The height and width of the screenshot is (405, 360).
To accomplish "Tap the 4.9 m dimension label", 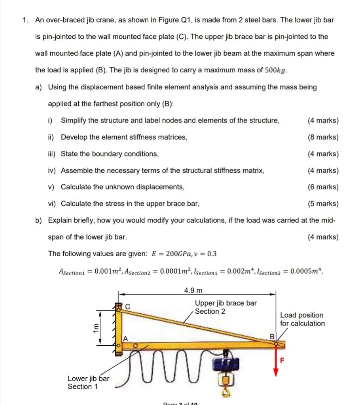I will pos(193,291).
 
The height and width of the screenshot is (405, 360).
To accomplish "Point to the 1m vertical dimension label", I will pos(95,327).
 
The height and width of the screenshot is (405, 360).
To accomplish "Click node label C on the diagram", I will pos(127,305).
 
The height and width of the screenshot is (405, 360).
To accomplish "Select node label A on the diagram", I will pos(125,338).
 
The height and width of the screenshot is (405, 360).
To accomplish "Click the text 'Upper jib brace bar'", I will pos(225,303).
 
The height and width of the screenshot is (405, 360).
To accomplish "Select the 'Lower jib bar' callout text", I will pos(89,379).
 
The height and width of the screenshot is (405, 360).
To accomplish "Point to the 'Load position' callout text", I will pos(301,315).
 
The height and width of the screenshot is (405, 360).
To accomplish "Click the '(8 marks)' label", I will pos(323,137).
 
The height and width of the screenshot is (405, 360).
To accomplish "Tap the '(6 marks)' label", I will pos(323,187).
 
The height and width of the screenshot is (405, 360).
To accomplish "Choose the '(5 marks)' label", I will pos(323,204).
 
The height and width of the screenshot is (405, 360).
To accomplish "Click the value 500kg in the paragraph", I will pos(275,70).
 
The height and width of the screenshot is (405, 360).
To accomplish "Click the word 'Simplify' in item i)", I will pos(75,121).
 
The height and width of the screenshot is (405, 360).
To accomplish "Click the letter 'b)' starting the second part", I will pos(39,220).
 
